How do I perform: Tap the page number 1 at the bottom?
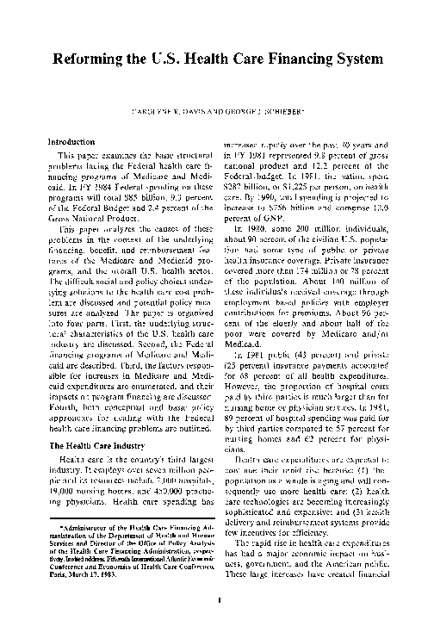click(x=220, y=599)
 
